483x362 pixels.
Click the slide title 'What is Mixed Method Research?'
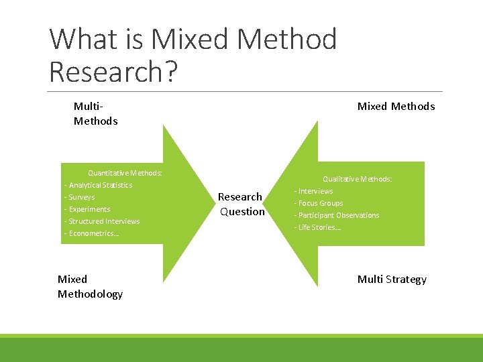193,55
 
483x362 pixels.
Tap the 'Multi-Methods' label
95,113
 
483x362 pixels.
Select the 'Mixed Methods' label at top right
396,106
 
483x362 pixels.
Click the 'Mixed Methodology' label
90,286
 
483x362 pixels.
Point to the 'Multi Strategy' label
392,279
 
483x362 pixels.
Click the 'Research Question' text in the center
241,204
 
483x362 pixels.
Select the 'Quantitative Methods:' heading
125,173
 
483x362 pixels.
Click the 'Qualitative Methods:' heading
357,179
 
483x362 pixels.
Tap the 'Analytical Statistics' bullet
100,185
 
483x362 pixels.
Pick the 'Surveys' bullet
81,197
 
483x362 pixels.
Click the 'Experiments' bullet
89,209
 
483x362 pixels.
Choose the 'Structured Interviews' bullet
104,221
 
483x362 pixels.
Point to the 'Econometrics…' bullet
93,233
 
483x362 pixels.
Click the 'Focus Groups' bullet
320,203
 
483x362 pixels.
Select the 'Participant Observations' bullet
338,215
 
